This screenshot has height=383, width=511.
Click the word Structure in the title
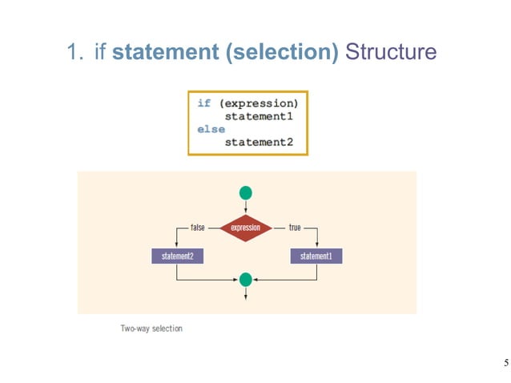(392, 53)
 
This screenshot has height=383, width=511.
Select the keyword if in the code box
(204, 103)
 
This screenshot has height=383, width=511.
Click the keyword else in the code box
(211, 129)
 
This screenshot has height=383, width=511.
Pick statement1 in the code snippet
(259, 116)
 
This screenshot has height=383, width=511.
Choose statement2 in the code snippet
(259, 142)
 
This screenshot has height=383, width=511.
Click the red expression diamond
(245, 228)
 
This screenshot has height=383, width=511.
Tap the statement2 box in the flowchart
(177, 256)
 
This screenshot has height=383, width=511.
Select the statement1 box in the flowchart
(316, 256)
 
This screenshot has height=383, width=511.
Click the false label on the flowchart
(195, 228)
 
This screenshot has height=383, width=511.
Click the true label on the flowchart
(295, 228)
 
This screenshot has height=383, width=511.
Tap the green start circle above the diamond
(246, 192)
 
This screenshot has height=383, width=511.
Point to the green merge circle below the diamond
(246, 280)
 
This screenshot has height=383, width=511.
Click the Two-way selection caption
(151, 327)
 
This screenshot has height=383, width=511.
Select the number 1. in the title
(76, 53)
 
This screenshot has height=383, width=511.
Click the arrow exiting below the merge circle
(246, 294)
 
